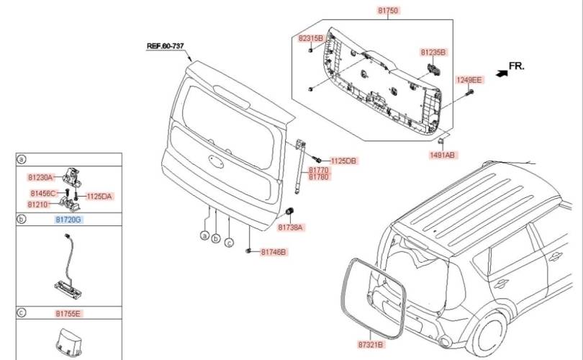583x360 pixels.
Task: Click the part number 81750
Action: [388, 10]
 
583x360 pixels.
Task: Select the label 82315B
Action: [310, 38]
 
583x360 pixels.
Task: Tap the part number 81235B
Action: [433, 53]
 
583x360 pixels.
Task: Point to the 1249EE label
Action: [469, 80]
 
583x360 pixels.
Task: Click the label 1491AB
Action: [442, 155]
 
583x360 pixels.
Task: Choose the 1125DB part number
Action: [343, 161]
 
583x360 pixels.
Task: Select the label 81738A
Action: [290, 228]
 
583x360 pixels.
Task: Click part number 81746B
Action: [274, 252]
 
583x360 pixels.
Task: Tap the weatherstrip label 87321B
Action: [371, 345]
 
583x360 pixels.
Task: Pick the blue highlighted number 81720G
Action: [68, 220]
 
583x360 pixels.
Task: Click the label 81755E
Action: [68, 313]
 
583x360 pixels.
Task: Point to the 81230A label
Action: [40, 177]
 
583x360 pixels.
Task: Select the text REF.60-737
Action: [166, 46]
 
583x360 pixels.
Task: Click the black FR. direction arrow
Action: [502, 73]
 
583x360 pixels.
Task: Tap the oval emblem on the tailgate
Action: [216, 161]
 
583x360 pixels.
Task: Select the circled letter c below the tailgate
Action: [230, 243]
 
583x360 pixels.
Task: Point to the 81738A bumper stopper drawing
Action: [289, 211]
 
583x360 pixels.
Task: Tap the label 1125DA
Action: [99, 197]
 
